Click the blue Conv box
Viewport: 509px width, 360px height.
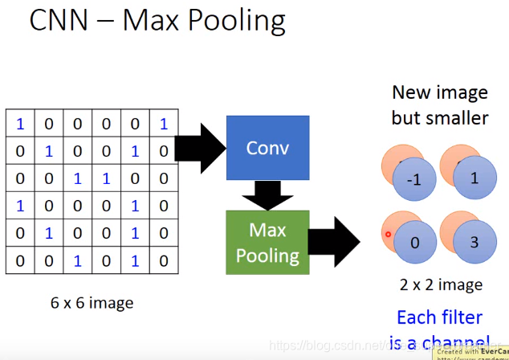pos(267,147)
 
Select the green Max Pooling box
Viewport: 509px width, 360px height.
pos(267,243)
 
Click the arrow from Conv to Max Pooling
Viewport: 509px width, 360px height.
pos(267,194)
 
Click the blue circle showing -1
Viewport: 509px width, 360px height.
pos(414,180)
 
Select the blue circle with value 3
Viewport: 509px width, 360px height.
pos(474,242)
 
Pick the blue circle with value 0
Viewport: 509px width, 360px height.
pos(414,242)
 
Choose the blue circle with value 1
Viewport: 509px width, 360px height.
pos(474,178)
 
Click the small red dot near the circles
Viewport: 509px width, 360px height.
pos(388,235)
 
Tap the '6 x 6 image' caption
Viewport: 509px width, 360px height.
pos(92,303)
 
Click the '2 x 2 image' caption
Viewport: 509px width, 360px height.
pos(441,284)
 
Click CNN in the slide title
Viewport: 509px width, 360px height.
pos(59,21)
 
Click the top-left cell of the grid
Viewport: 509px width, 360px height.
pos(20,124)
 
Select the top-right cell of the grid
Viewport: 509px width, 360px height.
pos(164,124)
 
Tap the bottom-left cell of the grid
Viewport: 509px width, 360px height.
pos(20,260)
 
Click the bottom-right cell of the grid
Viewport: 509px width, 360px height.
pos(164,260)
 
